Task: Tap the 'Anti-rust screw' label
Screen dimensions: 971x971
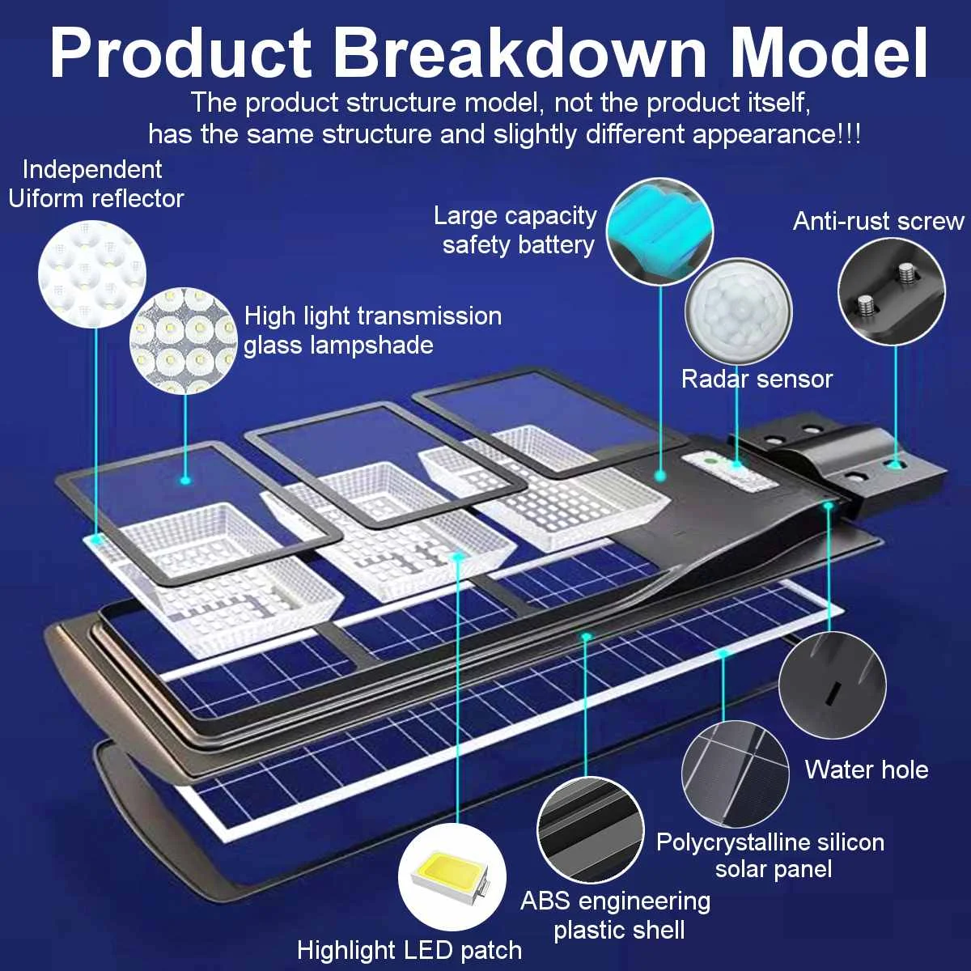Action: pyautogui.click(x=878, y=221)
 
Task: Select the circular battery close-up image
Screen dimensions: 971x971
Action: pyautogui.click(x=659, y=231)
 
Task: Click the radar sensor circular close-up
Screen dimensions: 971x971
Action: pyautogui.click(x=738, y=312)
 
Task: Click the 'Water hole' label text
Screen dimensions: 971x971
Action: pyautogui.click(x=866, y=769)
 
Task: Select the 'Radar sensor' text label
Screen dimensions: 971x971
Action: pyautogui.click(x=757, y=379)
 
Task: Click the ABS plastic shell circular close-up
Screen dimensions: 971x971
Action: pyautogui.click(x=590, y=831)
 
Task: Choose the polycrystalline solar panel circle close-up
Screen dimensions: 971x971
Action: pyautogui.click(x=735, y=773)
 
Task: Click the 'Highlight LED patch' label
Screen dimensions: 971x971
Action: pyautogui.click(x=409, y=950)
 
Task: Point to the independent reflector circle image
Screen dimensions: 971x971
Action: pyautogui.click(x=92, y=273)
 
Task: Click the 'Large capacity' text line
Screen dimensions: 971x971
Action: pyautogui.click(x=515, y=215)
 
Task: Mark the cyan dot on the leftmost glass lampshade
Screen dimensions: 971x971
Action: pyautogui.click(x=185, y=481)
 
